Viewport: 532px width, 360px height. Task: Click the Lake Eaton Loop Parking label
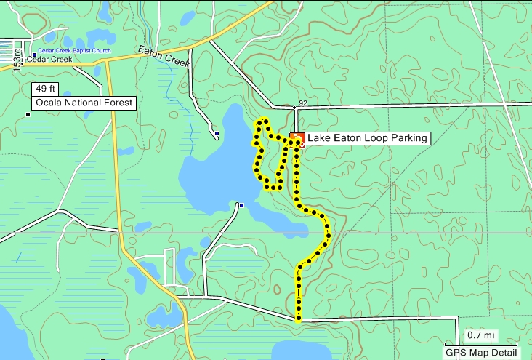[367, 137]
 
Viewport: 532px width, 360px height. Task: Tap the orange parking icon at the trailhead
[297, 138]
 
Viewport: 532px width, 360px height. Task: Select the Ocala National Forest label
[83, 103]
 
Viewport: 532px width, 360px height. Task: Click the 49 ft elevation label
[44, 89]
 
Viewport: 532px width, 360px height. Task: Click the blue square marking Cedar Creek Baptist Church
[34, 55]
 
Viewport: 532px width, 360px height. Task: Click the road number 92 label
[302, 103]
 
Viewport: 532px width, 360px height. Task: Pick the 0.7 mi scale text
[480, 335]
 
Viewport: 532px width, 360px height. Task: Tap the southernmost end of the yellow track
[299, 319]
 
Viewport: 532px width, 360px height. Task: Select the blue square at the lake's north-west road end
[217, 134]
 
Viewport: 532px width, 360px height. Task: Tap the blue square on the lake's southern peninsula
[241, 205]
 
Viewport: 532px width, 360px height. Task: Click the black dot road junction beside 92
[294, 108]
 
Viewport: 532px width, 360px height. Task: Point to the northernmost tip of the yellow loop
[265, 119]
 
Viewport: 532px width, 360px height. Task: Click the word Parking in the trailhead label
[408, 137]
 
